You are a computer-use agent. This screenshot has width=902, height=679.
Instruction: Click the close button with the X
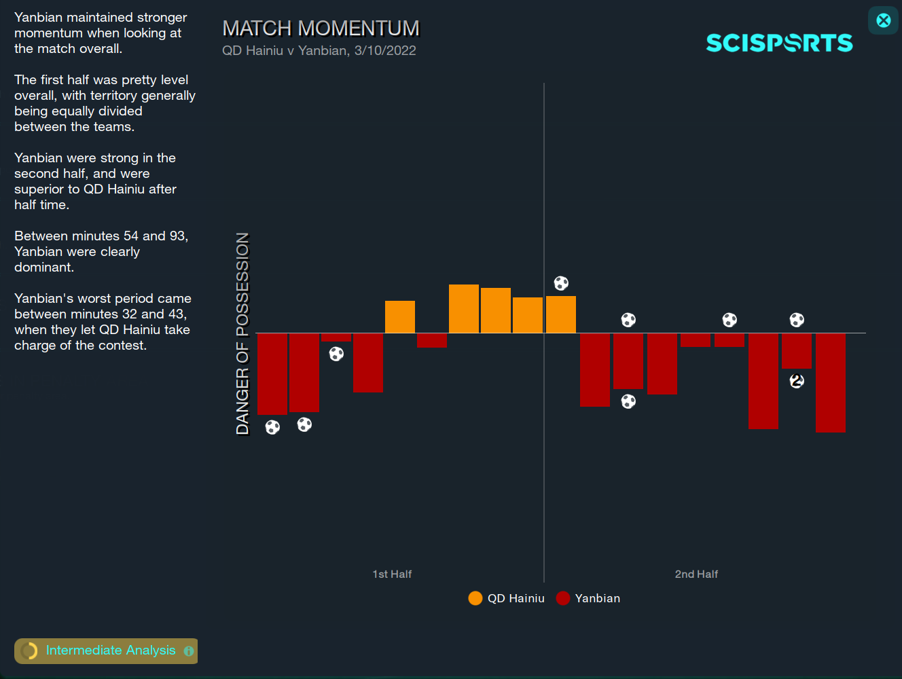[883, 20]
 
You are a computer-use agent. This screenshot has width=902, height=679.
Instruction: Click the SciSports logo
[779, 43]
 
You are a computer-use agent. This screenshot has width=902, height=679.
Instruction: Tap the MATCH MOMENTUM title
[321, 29]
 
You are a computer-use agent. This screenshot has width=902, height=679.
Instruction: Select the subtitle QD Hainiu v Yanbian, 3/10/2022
[319, 50]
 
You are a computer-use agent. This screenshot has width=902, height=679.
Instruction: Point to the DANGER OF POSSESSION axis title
[242, 333]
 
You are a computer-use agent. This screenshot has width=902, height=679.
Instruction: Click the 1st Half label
[392, 574]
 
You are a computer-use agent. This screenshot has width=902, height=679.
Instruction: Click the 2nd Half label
[696, 574]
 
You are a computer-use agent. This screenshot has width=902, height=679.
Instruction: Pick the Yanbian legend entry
[588, 598]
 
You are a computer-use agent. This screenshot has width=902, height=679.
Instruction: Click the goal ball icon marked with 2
[797, 381]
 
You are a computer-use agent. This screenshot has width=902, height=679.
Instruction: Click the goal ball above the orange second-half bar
[561, 283]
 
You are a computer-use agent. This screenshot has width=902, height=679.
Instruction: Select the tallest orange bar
[464, 309]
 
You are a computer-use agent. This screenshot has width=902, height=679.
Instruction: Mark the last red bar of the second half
[831, 382]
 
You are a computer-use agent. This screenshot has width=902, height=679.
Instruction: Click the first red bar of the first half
[272, 373]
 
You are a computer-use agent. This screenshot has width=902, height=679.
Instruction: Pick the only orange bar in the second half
[561, 314]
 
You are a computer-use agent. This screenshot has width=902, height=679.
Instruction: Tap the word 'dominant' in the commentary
[43, 267]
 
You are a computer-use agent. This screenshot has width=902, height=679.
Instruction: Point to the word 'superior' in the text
[39, 189]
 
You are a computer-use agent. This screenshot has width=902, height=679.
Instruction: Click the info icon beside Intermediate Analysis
[189, 651]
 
